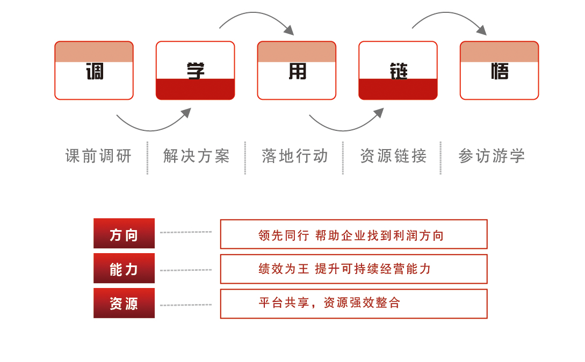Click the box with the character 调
pos(94,70)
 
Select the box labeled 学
pos(195,70)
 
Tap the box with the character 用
pos(297,70)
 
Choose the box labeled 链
pos(398,70)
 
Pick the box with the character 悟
pos(499,70)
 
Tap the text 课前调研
pos(98,156)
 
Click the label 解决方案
pos(197,156)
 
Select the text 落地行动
pos(294,156)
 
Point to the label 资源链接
pos(393,156)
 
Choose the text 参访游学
pos(492,156)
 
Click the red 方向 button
pos(124,234)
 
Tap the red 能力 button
pos(124,269)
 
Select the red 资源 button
pos(124,304)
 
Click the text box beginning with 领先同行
pos(353,234)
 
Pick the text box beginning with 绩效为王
pos(353,269)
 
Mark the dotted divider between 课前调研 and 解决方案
pos(147,158)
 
